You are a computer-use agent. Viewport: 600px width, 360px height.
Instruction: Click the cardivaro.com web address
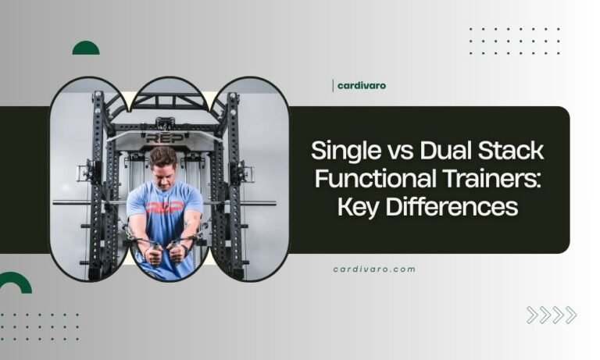coord(374,269)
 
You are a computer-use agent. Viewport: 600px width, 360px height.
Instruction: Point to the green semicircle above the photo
coord(86,48)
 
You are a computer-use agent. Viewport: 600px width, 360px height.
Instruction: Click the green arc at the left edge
coord(14,283)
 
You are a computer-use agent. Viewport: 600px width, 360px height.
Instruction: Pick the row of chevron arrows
coord(551,315)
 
